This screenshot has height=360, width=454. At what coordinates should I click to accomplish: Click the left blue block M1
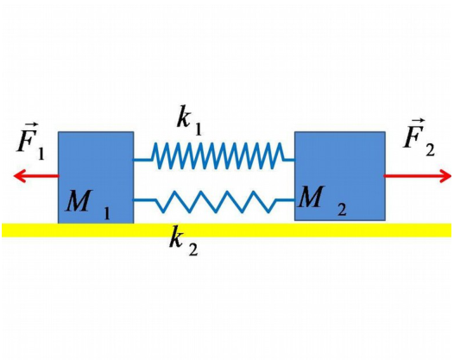tap(96, 177)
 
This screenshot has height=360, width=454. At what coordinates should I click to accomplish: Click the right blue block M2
tap(340, 176)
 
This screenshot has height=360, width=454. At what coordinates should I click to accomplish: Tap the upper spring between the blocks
tap(214, 155)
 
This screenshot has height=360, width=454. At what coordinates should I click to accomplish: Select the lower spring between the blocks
tap(214, 201)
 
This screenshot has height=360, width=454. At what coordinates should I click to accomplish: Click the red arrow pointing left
tap(36, 176)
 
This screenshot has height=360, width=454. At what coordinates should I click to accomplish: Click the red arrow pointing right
tap(417, 176)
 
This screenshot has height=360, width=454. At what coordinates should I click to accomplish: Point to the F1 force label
tap(31, 142)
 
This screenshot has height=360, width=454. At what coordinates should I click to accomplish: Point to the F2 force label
tap(419, 137)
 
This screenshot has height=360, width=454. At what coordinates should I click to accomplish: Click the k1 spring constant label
tap(189, 121)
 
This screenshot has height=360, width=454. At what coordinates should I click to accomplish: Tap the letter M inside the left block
tap(79, 200)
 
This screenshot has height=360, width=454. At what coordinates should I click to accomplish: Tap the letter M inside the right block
tap(312, 196)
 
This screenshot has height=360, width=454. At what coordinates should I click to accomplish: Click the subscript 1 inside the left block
tap(107, 214)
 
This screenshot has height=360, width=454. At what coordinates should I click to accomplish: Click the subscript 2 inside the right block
tap(342, 210)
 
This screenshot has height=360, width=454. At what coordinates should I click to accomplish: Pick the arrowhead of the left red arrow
tap(20, 176)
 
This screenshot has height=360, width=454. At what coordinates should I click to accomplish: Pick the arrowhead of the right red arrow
tap(445, 176)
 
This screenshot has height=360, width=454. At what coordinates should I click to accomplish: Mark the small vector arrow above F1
tap(31, 125)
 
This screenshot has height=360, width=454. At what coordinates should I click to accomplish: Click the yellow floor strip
tap(226, 230)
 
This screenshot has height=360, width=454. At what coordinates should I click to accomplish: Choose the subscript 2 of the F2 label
tap(430, 150)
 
